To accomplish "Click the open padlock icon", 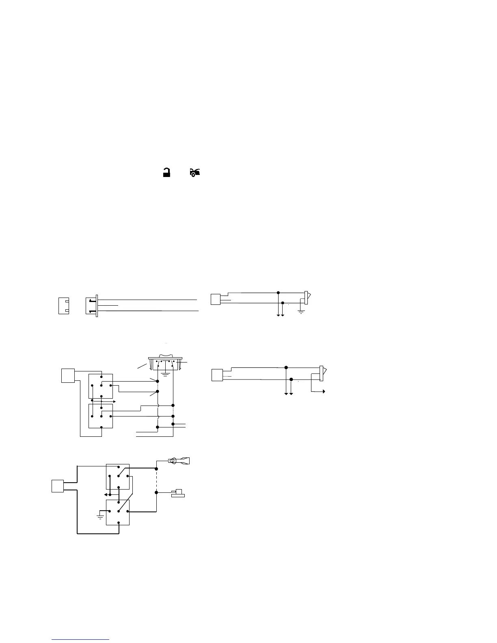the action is [x=166, y=173].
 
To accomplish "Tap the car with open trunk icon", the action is [x=194, y=173].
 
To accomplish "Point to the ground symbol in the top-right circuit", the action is [x=301, y=311].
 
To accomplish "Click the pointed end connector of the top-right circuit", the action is [x=307, y=298].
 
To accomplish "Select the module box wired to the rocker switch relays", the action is [x=67, y=375].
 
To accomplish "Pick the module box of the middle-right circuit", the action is [x=218, y=375].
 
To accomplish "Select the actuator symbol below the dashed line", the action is [x=177, y=494].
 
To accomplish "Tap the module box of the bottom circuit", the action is [x=58, y=485].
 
